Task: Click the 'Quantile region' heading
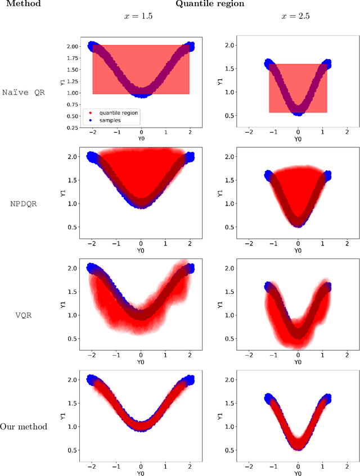[210, 4]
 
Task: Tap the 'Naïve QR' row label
[24, 92]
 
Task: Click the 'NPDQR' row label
[24, 203]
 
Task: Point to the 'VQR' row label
[24, 315]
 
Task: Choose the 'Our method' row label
[24, 426]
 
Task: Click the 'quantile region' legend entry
[119, 112]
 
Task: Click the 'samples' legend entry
[111, 121]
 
